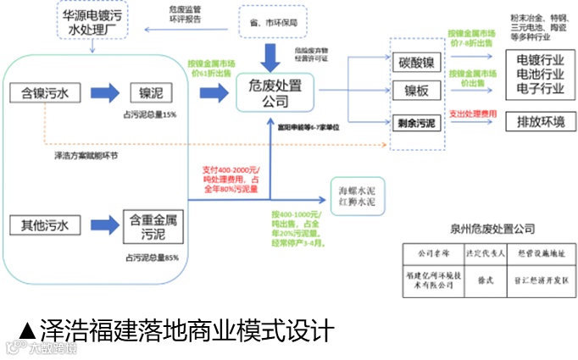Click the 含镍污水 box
(45, 91)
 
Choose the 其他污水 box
(45, 225)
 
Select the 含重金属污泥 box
(153, 225)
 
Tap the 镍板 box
(416, 91)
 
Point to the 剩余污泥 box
(416, 123)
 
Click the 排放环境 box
(534, 121)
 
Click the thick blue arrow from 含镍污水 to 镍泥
(101, 91)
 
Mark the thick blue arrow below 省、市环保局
(271, 55)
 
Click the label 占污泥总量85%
(152, 258)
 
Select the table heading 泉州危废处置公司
(494, 229)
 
